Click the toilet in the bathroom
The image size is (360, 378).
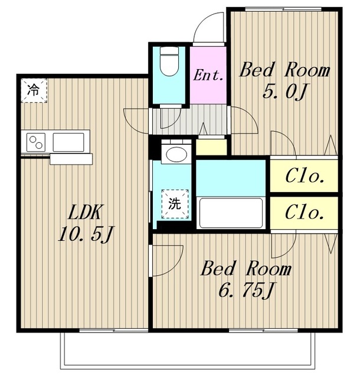[x=169, y=61]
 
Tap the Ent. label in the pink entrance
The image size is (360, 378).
[x=208, y=75]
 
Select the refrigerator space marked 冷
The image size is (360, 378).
[x=34, y=90]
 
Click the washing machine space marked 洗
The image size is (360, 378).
[x=175, y=204]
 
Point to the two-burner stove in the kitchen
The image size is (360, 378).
[x=36, y=142]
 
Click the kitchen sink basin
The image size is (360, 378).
[x=68, y=142]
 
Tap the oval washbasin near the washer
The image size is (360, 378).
[x=176, y=154]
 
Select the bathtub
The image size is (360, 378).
[x=231, y=213]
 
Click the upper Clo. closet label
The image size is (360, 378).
[x=304, y=177]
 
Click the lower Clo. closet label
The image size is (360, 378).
[x=304, y=213]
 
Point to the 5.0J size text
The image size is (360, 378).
[x=284, y=92]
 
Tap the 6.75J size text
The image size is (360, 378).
[x=246, y=290]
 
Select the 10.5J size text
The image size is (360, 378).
[x=86, y=234]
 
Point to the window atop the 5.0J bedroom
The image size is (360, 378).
[x=283, y=9]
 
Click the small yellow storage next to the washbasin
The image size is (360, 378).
[x=211, y=146]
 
